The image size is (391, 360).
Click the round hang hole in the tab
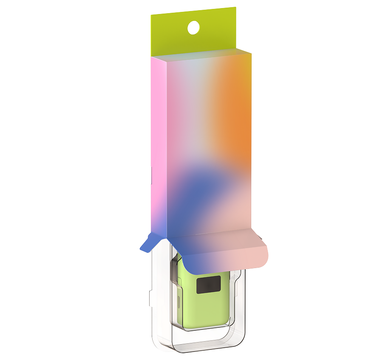coord(193,28)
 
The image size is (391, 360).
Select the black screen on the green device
coord(208,284)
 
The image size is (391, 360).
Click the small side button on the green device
coord(179,302)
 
